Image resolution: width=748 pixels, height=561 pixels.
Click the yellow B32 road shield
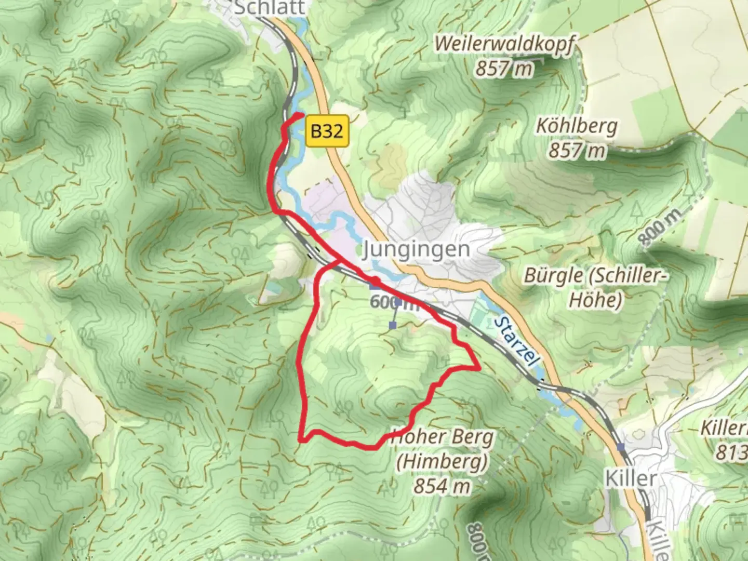(x=327, y=131)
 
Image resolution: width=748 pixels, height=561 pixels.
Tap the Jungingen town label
(x=416, y=249)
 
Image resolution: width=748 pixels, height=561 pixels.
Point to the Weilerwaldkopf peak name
(x=504, y=45)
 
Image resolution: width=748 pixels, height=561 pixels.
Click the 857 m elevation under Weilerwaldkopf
(x=504, y=68)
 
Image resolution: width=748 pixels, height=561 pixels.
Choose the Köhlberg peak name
(x=577, y=126)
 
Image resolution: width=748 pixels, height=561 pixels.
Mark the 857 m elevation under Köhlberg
(x=577, y=151)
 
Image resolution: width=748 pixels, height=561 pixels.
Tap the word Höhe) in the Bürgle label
(x=595, y=300)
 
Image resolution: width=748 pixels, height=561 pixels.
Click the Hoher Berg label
(x=442, y=437)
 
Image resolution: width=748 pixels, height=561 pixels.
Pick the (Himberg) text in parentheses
(x=442, y=462)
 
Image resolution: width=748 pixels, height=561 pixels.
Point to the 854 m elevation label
(x=442, y=486)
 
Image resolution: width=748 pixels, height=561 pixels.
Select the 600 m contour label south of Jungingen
(x=395, y=302)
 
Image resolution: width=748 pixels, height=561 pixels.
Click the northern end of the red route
(x=302, y=114)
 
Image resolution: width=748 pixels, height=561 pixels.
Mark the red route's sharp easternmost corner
(x=478, y=368)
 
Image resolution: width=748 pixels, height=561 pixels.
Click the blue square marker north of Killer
(x=620, y=447)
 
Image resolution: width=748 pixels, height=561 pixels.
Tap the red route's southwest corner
(x=301, y=440)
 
